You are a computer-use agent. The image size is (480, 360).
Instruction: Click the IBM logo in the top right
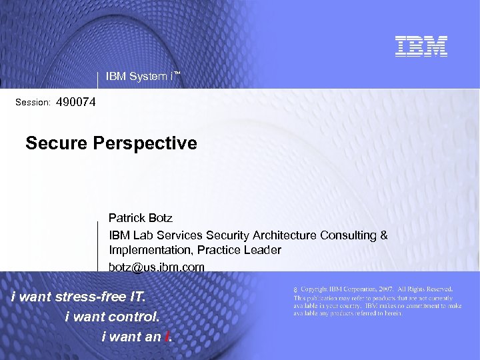coord(421,46)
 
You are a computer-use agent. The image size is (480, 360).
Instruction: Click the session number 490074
coord(76,103)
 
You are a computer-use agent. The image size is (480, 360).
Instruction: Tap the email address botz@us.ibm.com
coord(157,267)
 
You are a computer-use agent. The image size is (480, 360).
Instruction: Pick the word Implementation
coord(147,250)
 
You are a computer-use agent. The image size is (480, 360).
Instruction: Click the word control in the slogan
coord(135,317)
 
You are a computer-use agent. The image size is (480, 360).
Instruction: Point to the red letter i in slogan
coord(167,337)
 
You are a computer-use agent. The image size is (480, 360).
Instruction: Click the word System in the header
coord(147,76)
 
